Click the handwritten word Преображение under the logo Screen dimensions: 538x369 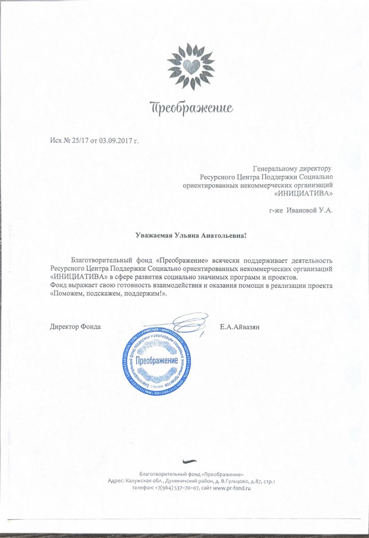click(192, 108)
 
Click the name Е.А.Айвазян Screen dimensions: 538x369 click(240, 326)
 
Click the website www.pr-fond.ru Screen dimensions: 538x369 click(232, 487)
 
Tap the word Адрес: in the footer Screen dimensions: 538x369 click(116, 481)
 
